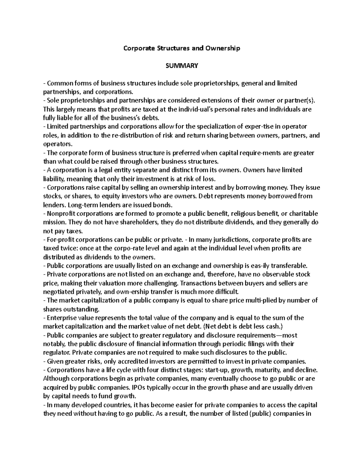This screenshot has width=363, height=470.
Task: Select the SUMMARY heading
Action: coord(181,66)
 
